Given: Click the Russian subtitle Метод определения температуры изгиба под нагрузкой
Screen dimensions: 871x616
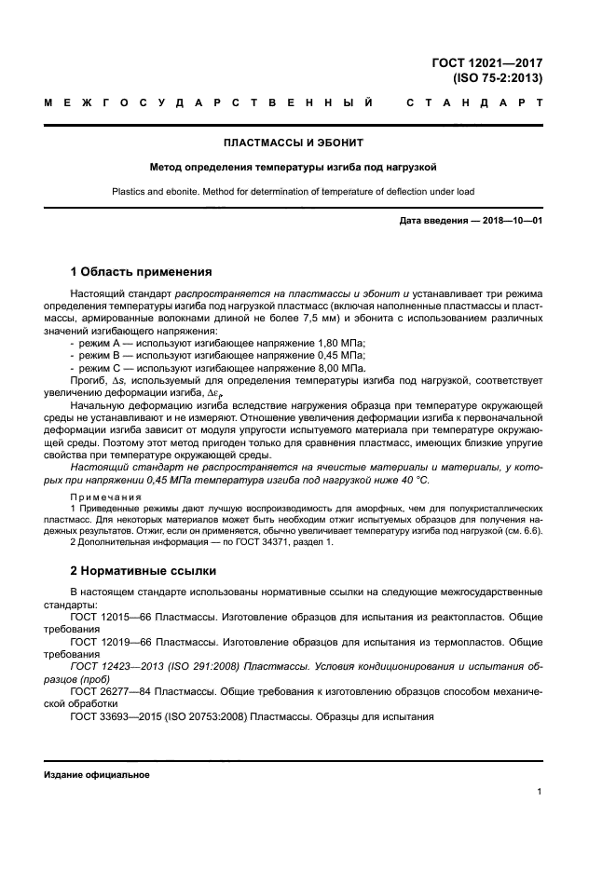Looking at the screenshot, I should coord(294,168).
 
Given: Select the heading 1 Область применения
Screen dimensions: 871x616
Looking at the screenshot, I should coord(141,272).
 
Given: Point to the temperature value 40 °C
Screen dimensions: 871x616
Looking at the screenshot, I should coord(410,480).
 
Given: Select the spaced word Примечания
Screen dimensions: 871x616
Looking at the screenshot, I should coord(105,497).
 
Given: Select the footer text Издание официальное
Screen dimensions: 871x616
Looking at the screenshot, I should coord(96,775).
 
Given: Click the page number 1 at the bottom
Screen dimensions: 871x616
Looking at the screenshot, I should coord(540,792).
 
